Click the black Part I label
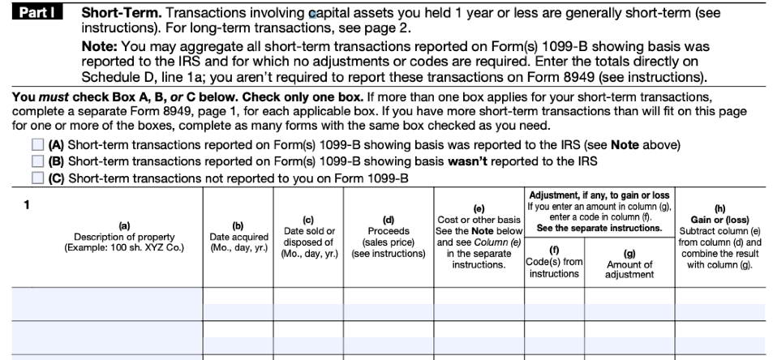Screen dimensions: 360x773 pyautogui.click(x=37, y=14)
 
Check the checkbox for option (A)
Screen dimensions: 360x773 pyautogui.click(x=37, y=145)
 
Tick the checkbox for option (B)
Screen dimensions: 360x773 pyautogui.click(x=37, y=161)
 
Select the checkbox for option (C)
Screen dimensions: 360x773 pyautogui.click(x=37, y=178)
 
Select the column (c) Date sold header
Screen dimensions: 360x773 pyautogui.click(x=307, y=236)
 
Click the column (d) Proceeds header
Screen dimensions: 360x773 pyautogui.click(x=388, y=236)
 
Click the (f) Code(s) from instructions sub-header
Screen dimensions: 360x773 pyautogui.click(x=554, y=262)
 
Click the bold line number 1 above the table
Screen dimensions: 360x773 pyautogui.click(x=26, y=204)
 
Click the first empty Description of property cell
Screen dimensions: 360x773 pyautogui.click(x=107, y=303)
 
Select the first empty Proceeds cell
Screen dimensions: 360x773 pyautogui.click(x=388, y=303)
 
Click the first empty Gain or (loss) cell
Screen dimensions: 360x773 pyautogui.click(x=719, y=303)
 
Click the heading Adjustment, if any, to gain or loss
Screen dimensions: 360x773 pyautogui.click(x=599, y=195)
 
